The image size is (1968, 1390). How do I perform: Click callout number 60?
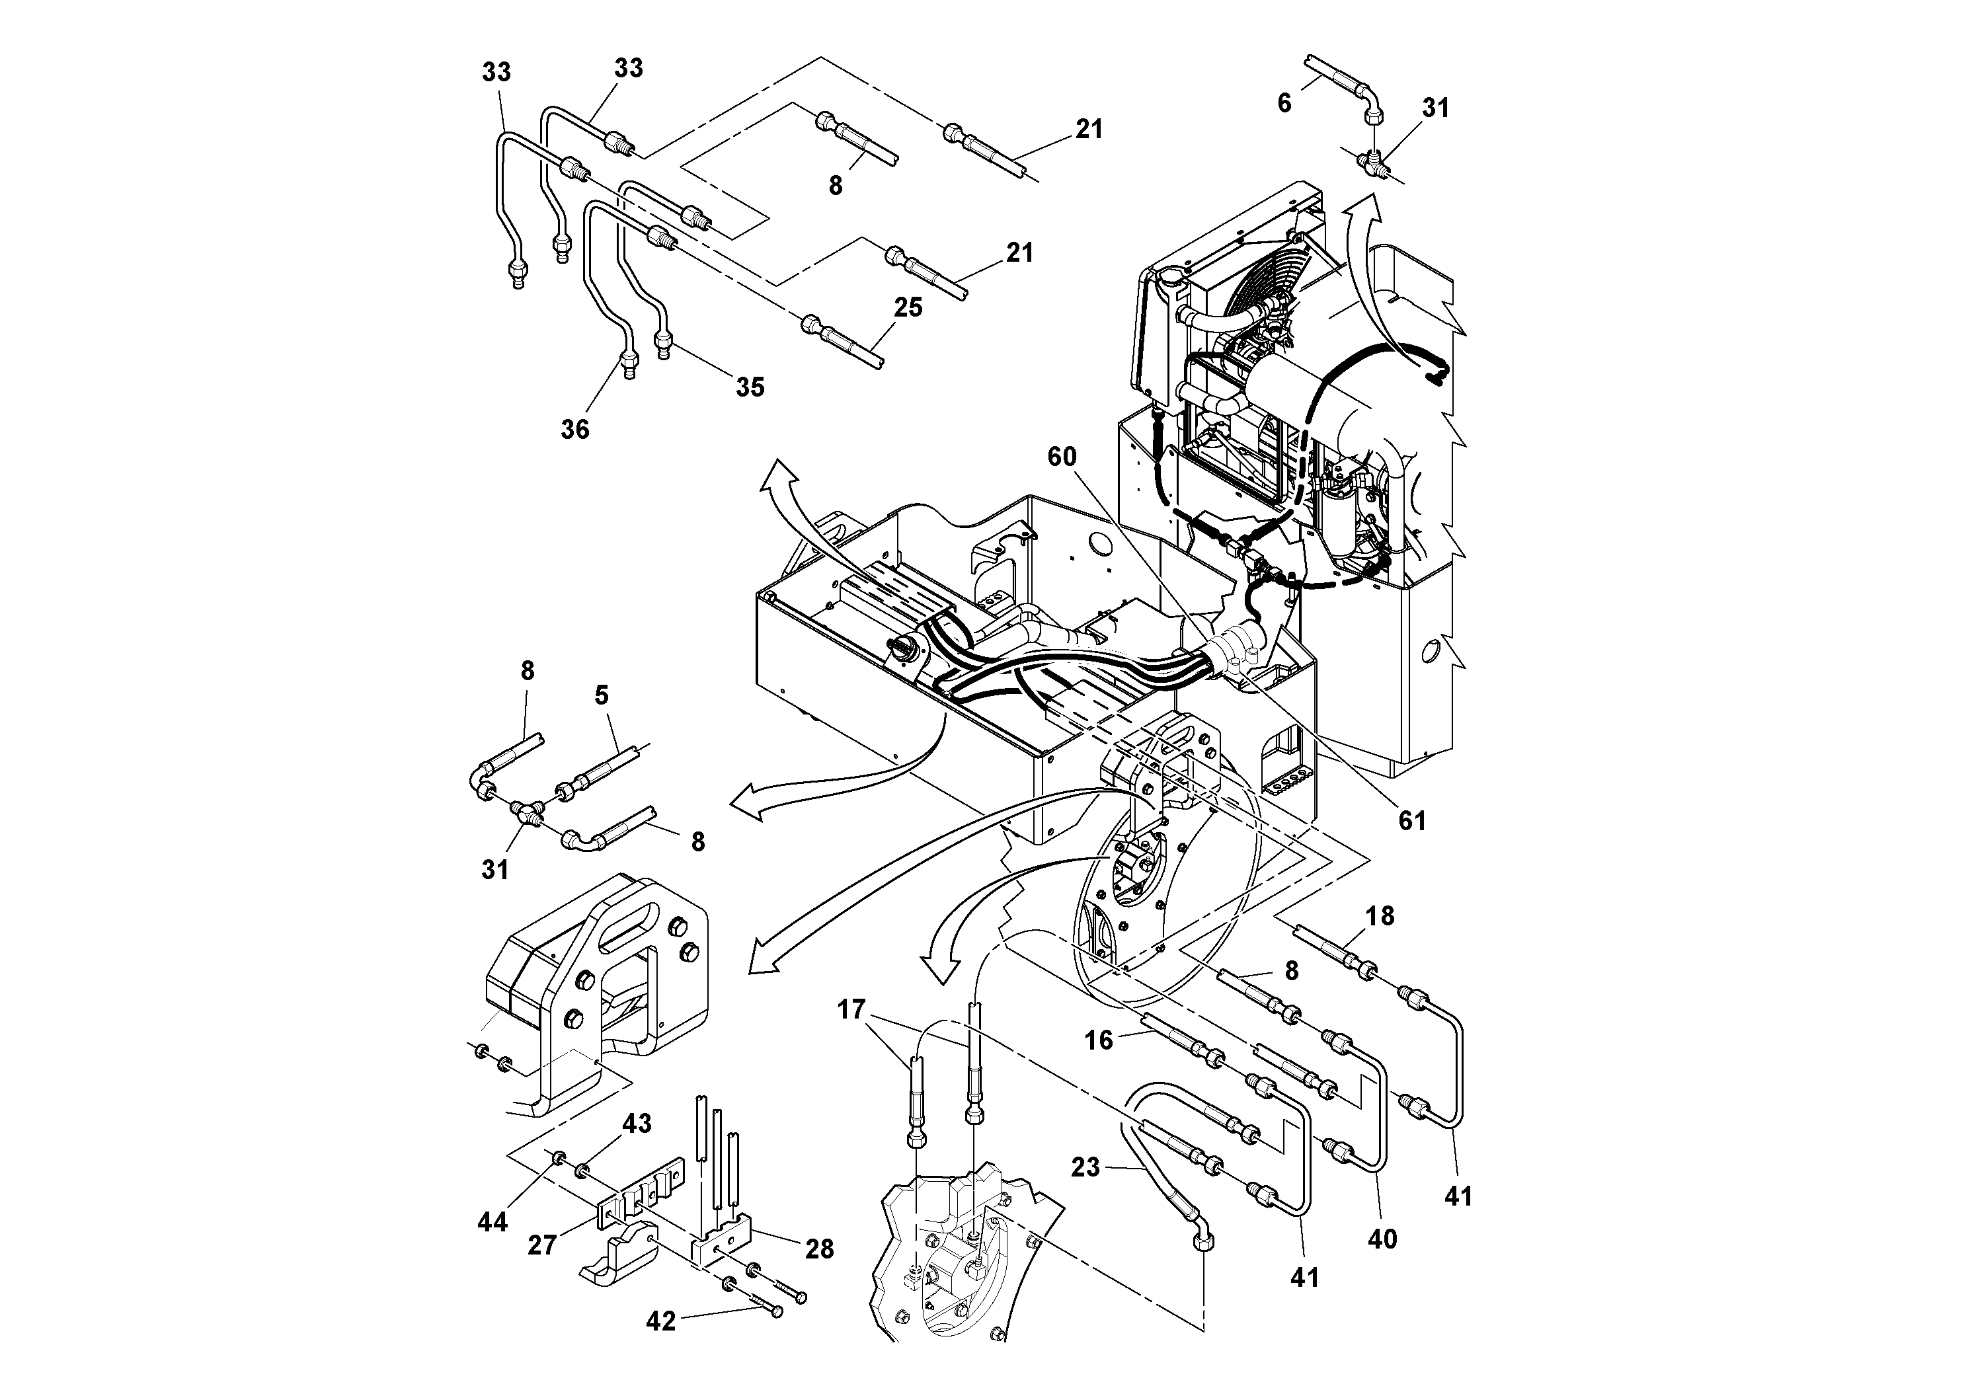(1061, 457)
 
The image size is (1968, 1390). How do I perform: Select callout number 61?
(1412, 820)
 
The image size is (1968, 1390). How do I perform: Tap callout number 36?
(574, 428)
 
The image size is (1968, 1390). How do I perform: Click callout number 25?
(908, 307)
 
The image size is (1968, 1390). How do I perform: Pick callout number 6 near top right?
(1283, 103)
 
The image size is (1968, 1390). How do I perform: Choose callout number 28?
(820, 1249)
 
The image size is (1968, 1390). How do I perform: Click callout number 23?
(1084, 1167)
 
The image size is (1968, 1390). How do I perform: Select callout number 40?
(1382, 1239)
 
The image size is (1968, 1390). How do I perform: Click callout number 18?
(1380, 915)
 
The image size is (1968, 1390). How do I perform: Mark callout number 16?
(1098, 1040)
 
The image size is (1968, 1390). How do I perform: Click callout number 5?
(601, 695)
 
